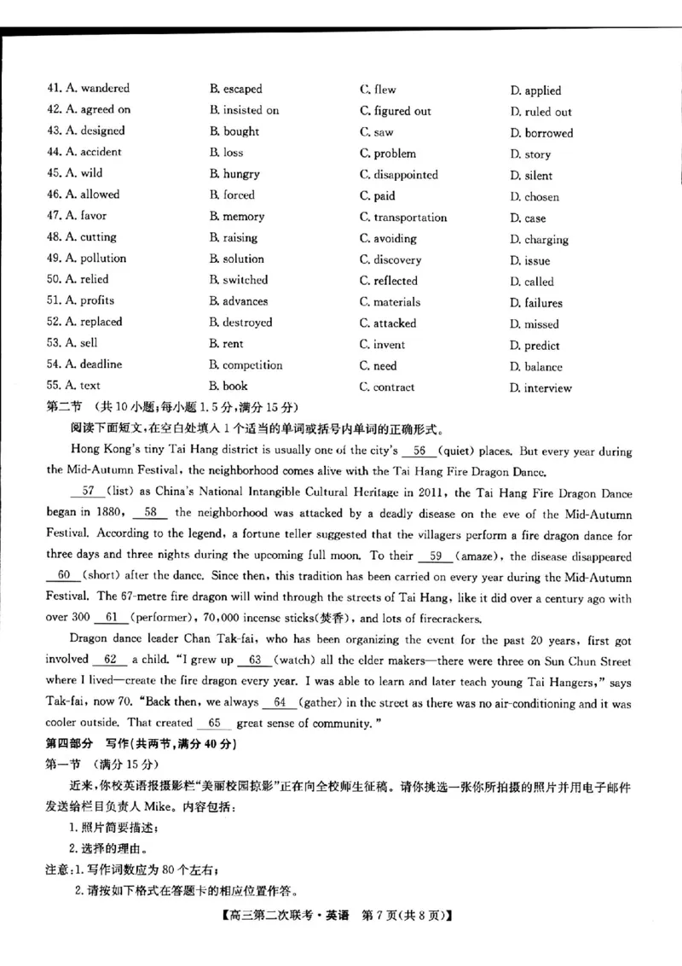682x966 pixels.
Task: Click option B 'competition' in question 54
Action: [251, 365]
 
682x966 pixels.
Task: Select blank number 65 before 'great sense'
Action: [214, 723]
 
